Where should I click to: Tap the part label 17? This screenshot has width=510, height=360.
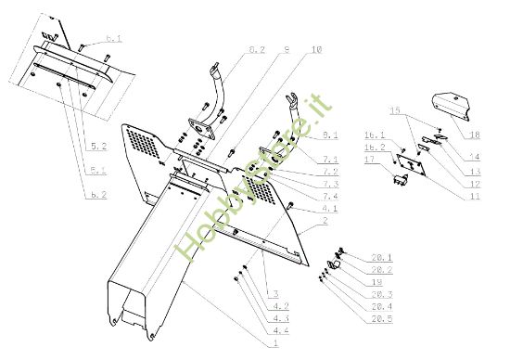371,161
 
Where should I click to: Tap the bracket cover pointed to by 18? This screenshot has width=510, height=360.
453,105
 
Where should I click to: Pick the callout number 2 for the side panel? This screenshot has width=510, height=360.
325,222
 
